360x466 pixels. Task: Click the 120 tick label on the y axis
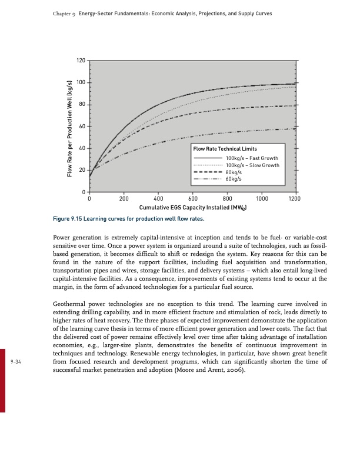click(x=81, y=61)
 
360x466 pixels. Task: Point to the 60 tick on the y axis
click(x=82, y=127)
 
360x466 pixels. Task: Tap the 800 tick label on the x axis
click(x=228, y=198)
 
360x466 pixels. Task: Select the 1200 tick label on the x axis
click(x=295, y=198)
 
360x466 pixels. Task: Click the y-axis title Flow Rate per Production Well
click(x=69, y=127)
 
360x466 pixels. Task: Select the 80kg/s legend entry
click(x=234, y=172)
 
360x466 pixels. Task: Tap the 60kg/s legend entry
click(x=234, y=179)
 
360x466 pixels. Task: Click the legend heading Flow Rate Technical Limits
click(x=221, y=148)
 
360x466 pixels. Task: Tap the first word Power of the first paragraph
click(x=61, y=239)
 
